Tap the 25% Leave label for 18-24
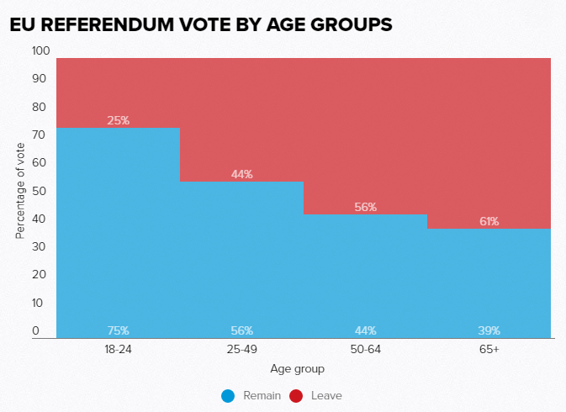click(x=119, y=120)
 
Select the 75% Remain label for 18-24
click(x=119, y=330)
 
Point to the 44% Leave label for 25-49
click(x=242, y=174)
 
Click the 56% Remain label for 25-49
click(x=242, y=330)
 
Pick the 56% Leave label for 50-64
click(x=366, y=207)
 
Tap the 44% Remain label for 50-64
click(x=366, y=330)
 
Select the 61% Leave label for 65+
click(x=489, y=221)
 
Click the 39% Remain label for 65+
click(x=489, y=330)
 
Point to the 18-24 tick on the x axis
click(x=119, y=349)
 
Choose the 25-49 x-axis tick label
click(x=242, y=349)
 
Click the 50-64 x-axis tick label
click(x=366, y=349)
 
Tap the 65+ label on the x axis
click(x=489, y=349)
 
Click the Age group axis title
click(x=297, y=369)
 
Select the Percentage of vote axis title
click(x=20, y=191)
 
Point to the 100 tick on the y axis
click(x=41, y=51)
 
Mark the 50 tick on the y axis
click(x=39, y=191)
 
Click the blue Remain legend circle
click(x=227, y=395)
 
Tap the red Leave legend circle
click(x=295, y=395)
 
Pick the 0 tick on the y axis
click(x=36, y=330)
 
